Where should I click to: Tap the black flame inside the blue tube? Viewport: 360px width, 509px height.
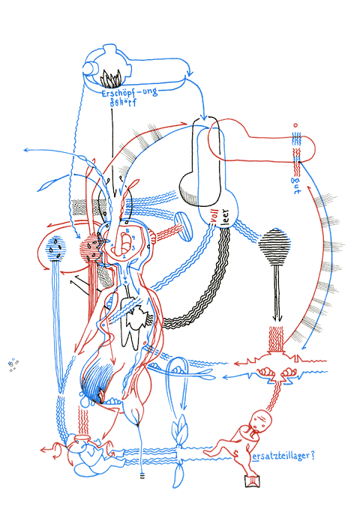pyautogui.click(x=115, y=77)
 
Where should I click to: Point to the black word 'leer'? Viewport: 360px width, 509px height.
pyautogui.click(x=224, y=219)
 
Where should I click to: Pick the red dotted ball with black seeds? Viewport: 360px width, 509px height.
pyautogui.click(x=92, y=247)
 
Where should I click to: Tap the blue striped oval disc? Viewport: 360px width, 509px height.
pyautogui.click(x=181, y=226)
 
